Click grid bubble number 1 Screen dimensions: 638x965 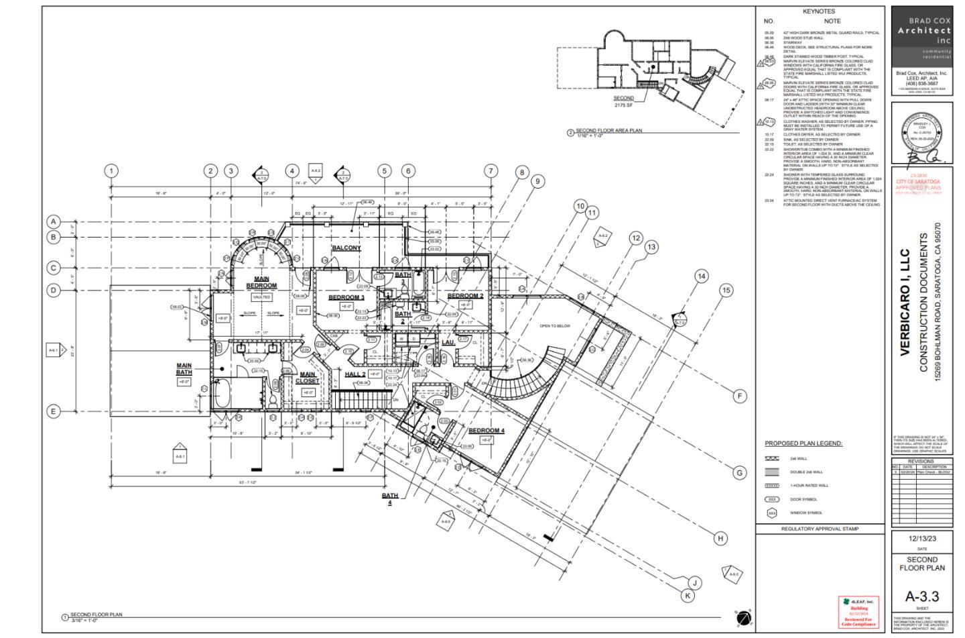[111, 171]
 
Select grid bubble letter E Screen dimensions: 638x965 [54, 411]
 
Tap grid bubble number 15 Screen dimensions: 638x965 [726, 290]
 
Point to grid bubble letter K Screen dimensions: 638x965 [688, 595]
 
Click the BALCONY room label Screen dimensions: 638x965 [346, 248]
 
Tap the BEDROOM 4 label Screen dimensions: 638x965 [486, 431]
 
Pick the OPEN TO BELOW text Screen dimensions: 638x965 [555, 326]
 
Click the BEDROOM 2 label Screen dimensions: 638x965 [465, 296]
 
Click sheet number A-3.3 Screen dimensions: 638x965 [922, 596]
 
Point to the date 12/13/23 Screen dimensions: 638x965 [922, 539]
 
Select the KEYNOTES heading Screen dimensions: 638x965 [819, 11]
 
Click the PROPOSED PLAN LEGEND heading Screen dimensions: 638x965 [803, 443]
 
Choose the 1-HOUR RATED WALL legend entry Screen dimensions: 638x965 [809, 486]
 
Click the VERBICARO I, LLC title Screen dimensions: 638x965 [904, 303]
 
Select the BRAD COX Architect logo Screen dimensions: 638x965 [924, 36]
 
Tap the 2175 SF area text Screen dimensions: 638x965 [623, 105]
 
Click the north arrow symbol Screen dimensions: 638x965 [743, 618]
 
